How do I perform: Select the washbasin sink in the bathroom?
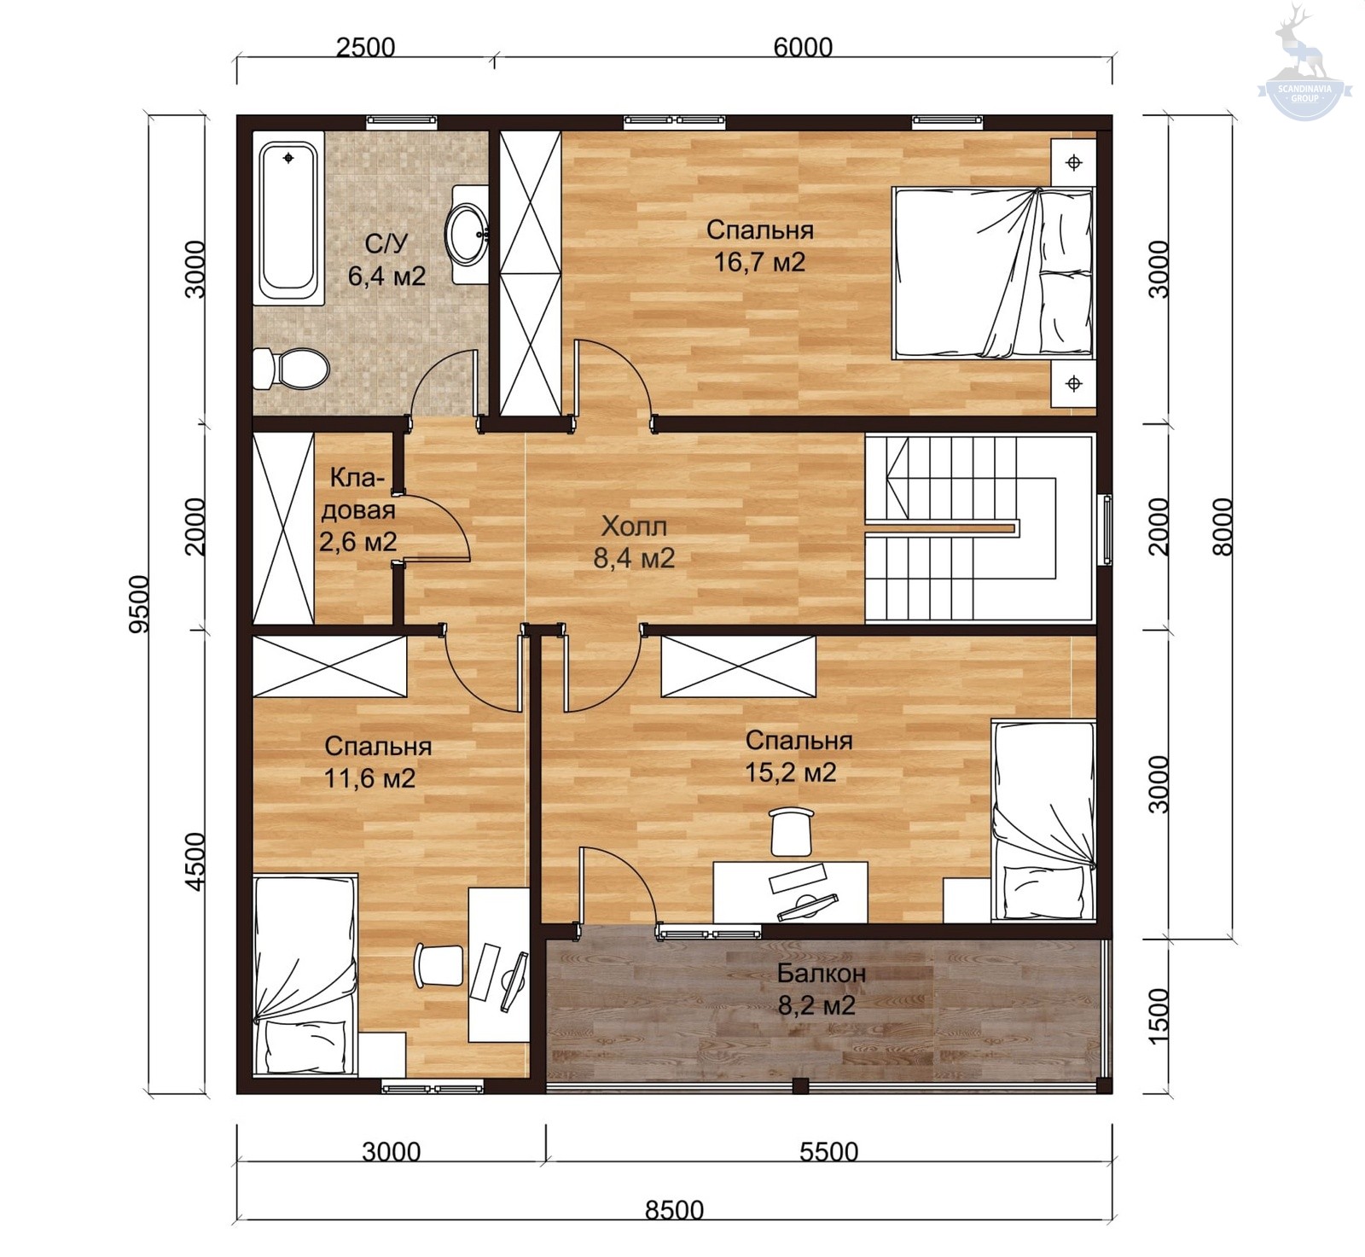(x=468, y=234)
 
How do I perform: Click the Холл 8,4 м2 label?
(x=634, y=542)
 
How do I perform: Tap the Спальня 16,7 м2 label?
(x=759, y=246)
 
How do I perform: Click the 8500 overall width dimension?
(x=674, y=1209)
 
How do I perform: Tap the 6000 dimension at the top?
(x=803, y=47)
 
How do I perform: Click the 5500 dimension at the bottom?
(x=828, y=1152)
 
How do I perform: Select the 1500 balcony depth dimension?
(x=1158, y=1015)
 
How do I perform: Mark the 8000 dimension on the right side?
(x=1223, y=527)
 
